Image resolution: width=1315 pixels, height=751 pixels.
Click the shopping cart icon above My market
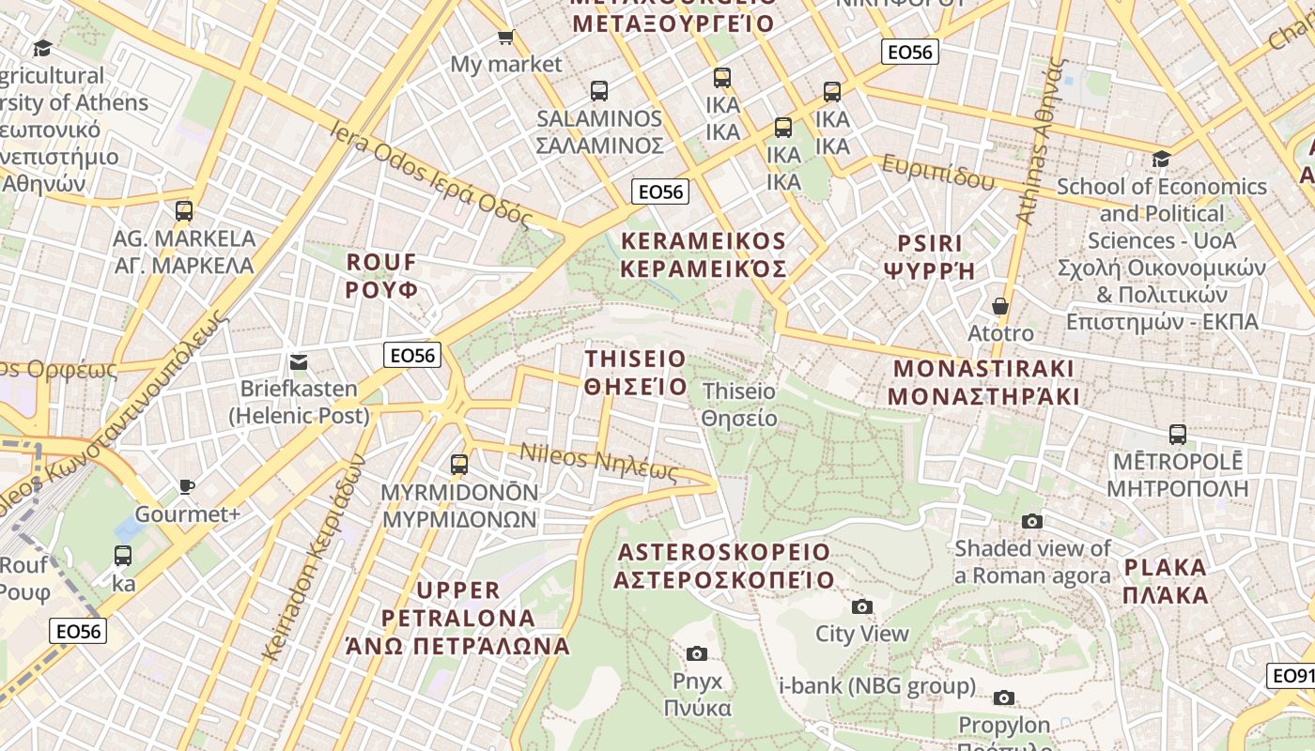tap(505, 37)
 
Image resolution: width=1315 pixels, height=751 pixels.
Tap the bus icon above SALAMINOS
tap(599, 91)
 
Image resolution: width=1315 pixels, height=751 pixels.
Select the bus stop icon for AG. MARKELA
tap(184, 211)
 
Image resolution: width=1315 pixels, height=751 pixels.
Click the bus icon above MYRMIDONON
tap(459, 464)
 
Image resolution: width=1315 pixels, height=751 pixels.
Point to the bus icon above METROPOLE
tap(1178, 435)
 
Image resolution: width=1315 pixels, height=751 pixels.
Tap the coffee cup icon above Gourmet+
tap(187, 486)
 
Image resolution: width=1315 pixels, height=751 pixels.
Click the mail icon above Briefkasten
tap(299, 361)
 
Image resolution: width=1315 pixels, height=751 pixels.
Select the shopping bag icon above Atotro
tap(1000, 306)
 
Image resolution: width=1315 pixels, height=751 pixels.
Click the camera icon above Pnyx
tap(697, 653)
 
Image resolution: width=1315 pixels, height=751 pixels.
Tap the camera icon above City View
tap(861, 606)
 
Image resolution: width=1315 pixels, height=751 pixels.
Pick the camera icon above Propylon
tap(1004, 697)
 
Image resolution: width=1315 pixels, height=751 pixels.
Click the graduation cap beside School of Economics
tap(1162, 159)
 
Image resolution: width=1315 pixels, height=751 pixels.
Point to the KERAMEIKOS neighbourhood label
tap(703, 254)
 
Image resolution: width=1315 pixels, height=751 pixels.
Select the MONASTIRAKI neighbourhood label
tap(983, 382)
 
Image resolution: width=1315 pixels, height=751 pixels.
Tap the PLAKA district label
tap(1165, 581)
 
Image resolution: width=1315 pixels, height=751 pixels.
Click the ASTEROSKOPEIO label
tap(723, 565)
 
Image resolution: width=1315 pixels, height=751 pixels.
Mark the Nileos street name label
tap(599, 459)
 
